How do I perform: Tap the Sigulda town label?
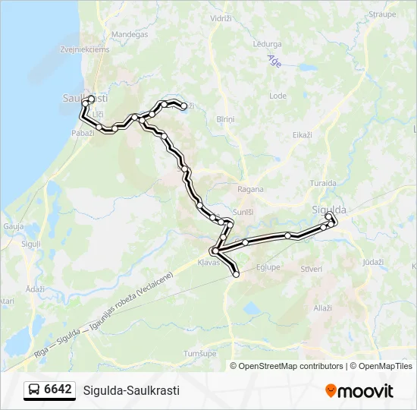(329, 210)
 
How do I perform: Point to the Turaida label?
(324, 184)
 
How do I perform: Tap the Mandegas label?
(129, 34)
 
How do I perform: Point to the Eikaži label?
(302, 134)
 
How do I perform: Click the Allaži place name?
(324, 307)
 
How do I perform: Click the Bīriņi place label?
(225, 120)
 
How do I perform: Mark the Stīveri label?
(312, 269)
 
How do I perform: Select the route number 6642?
(58, 390)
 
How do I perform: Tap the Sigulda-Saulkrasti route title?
(131, 390)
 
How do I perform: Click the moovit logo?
(359, 391)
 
